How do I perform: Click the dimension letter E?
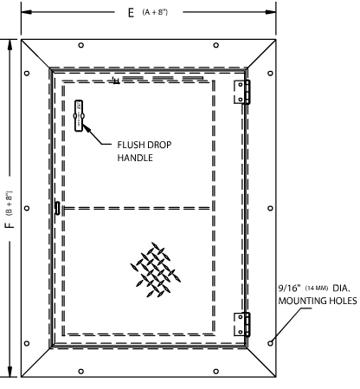(x=132, y=13)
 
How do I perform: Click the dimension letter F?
(x=10, y=224)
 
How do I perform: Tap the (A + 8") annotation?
(x=155, y=12)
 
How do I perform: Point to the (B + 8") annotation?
(x=9, y=204)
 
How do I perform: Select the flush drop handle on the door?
(x=79, y=116)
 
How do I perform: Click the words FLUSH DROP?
(x=145, y=145)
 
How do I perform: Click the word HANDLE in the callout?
(x=135, y=158)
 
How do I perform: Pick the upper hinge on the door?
(x=241, y=92)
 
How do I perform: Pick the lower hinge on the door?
(x=241, y=324)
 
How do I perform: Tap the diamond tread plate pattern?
(x=156, y=269)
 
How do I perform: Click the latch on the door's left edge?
(x=57, y=208)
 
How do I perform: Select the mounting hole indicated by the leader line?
(x=270, y=343)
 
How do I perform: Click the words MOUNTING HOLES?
(x=318, y=301)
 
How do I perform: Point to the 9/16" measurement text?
(x=289, y=288)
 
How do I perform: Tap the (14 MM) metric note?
(x=317, y=289)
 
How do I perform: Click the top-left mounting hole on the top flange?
(x=81, y=45)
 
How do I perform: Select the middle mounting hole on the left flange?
(x=27, y=208)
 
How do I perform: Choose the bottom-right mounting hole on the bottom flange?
(x=215, y=371)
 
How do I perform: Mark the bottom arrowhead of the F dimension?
(x=10, y=372)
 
